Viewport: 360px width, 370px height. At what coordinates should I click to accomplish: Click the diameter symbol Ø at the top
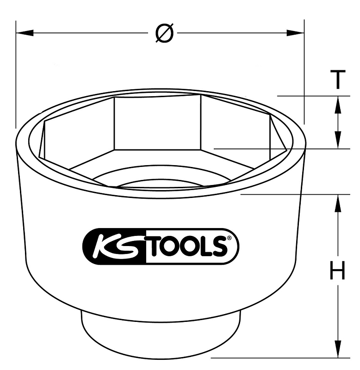pos(165,33)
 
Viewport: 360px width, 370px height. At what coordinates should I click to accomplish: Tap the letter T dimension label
pos(338,79)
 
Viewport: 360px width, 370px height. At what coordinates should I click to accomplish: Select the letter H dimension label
pos(338,270)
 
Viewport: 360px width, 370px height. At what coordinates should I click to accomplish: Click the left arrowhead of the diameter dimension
pos(25,33)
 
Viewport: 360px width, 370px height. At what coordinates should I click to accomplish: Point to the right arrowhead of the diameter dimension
pos(295,33)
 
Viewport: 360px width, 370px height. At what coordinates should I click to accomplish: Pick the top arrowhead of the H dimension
pos(338,203)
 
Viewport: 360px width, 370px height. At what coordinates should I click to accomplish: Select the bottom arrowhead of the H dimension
pos(338,349)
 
